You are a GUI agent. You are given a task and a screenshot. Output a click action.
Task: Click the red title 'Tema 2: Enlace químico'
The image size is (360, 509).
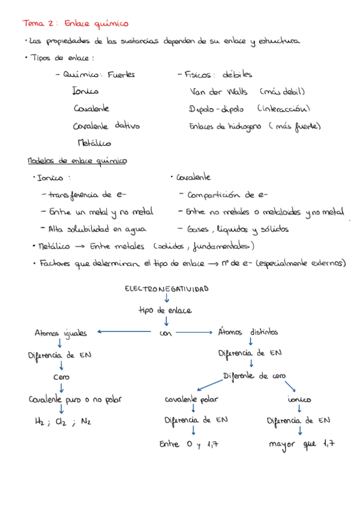coord(75,23)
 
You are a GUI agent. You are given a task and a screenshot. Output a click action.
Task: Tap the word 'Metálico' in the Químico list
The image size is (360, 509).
coord(94,143)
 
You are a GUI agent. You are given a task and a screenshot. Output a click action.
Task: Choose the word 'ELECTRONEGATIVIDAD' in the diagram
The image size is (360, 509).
coord(166,289)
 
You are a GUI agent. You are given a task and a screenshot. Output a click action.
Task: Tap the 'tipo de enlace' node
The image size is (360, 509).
coord(165,310)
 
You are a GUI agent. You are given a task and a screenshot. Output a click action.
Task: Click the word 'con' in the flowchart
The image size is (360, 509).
coord(166,333)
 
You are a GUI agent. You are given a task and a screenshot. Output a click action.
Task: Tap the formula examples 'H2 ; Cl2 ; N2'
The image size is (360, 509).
coord(63,422)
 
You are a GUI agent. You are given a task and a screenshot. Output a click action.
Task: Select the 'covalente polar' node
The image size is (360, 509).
coord(192,399)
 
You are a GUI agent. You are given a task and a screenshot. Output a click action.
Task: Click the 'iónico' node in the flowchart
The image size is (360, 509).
coord(299,399)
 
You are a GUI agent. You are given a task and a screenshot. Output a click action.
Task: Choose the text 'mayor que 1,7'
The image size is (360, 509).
coord(301,445)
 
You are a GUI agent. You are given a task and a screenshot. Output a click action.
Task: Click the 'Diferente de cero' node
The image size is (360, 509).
coord(253,376)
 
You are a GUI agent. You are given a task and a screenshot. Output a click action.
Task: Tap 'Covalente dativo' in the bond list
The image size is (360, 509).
coord(106,127)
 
